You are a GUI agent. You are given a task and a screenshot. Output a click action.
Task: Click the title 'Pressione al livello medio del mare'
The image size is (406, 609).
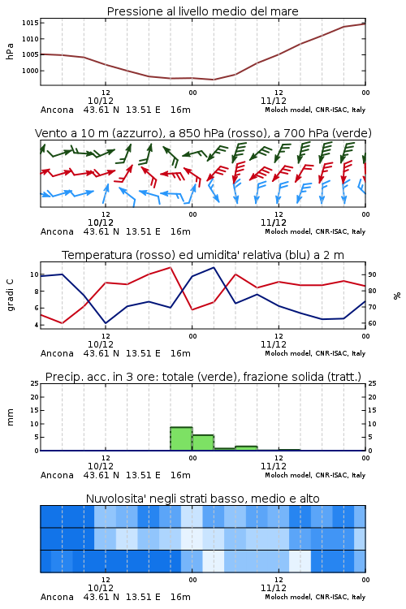point(202,11)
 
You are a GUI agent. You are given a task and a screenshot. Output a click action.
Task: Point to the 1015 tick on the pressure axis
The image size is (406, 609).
point(30,23)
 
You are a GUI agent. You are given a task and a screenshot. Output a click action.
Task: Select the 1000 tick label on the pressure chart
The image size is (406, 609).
point(30,71)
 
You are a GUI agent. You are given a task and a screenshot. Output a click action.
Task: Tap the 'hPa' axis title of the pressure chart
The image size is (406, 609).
point(10,51)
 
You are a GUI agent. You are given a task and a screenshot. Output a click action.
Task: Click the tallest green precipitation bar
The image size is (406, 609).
point(181,438)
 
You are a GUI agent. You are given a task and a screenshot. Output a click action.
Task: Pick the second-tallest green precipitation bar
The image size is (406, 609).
point(203,443)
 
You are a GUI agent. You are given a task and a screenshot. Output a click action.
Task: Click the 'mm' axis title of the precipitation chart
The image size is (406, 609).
point(10,417)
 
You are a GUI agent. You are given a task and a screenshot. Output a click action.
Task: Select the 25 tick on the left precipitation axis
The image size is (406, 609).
point(35,383)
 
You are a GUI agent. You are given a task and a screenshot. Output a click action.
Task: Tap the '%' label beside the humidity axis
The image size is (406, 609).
point(397,296)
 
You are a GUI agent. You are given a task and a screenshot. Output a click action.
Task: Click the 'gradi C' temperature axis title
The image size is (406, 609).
point(10,295)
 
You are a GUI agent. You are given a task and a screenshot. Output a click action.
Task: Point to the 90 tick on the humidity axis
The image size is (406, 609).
point(372,274)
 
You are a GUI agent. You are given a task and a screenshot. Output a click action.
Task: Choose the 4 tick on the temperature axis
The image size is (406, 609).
point(37,325)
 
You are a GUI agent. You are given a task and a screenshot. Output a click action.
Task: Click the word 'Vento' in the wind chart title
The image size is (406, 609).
point(48,133)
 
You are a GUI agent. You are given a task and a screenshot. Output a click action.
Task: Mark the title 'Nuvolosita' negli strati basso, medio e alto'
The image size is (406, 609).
point(202,499)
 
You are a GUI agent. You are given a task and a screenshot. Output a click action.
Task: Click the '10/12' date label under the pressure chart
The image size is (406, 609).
point(101,101)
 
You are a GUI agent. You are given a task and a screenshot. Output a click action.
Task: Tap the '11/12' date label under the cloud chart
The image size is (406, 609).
point(274,588)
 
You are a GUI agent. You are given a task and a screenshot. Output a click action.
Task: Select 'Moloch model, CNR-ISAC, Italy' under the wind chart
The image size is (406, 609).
point(315,231)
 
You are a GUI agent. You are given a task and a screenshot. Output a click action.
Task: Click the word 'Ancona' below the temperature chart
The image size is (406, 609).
point(57,353)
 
